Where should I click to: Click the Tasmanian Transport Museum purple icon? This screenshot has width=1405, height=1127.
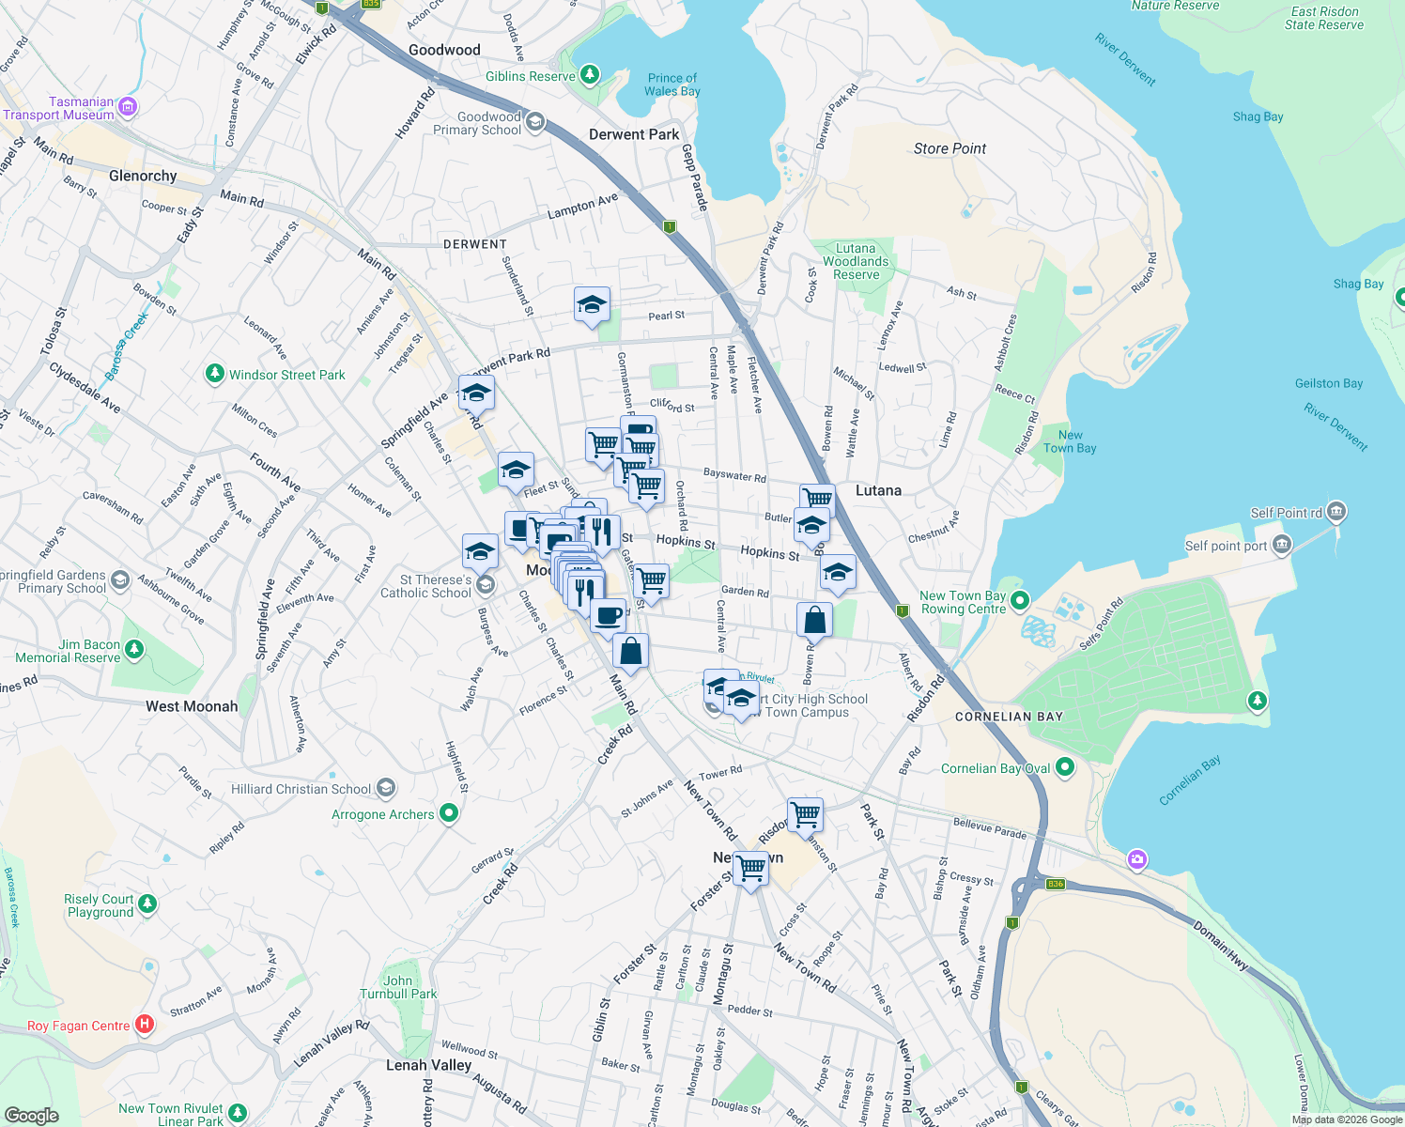(128, 108)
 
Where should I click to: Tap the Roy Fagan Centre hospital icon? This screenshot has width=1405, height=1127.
(145, 1025)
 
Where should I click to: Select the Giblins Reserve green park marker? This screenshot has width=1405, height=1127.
(589, 74)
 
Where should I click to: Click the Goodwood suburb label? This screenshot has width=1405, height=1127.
(444, 50)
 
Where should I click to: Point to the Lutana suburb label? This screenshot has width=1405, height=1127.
(878, 490)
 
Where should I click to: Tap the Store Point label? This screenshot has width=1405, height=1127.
(950, 148)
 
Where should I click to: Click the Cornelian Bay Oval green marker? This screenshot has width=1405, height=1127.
(1064, 767)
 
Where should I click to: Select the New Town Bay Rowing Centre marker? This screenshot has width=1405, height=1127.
(1020, 600)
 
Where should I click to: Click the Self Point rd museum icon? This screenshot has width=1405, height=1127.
(1337, 512)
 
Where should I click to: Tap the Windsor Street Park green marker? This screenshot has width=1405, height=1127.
(215, 375)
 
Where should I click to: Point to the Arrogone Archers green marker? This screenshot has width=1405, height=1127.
(449, 813)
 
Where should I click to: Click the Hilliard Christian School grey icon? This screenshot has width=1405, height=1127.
(385, 788)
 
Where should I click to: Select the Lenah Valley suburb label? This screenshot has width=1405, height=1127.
(428, 1065)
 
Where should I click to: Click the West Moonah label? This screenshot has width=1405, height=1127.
(192, 706)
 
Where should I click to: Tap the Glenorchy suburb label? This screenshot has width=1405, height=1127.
(143, 176)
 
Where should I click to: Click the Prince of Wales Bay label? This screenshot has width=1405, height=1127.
(672, 85)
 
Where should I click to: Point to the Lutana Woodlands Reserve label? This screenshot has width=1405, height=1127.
(856, 262)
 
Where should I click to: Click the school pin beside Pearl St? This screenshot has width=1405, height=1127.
(592, 305)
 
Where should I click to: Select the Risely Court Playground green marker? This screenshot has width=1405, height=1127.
(147, 904)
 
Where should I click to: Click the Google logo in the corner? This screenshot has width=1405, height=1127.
(32, 1115)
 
